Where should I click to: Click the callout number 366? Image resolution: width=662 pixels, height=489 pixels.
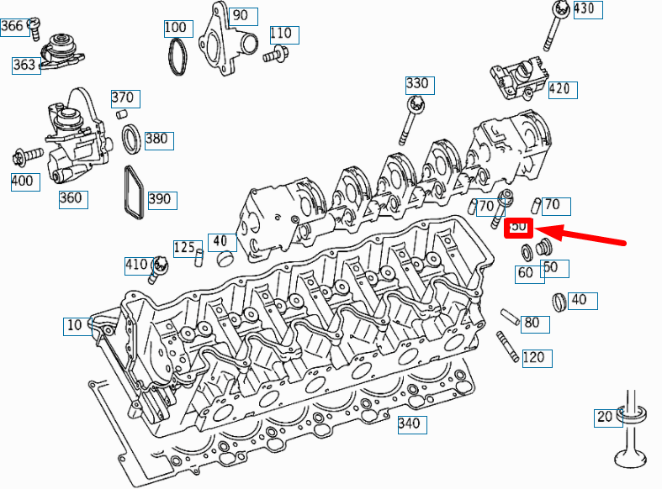point(12,26)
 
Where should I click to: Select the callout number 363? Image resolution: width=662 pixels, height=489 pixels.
point(24,65)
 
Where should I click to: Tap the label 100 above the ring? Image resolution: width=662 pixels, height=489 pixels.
point(175,28)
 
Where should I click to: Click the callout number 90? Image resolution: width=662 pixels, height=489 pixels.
point(241,16)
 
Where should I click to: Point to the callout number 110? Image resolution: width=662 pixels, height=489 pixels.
point(281,34)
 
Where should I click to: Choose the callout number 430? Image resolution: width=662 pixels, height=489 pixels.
point(583,10)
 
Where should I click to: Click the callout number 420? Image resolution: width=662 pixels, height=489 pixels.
point(559,88)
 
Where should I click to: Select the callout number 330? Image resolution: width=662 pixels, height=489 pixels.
point(417,84)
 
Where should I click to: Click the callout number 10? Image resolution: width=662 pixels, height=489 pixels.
point(74,325)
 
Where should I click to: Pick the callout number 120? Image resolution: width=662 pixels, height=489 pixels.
point(532,358)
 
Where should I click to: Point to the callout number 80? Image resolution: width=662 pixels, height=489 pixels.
point(532,323)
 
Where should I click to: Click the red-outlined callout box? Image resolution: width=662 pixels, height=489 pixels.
point(519,227)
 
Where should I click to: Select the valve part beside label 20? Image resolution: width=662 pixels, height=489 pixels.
point(629,433)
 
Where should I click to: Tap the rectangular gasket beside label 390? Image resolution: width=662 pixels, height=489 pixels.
point(134,194)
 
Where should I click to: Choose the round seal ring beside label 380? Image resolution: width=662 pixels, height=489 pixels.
point(131,139)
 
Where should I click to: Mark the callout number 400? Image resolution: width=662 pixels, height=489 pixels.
point(24,181)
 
